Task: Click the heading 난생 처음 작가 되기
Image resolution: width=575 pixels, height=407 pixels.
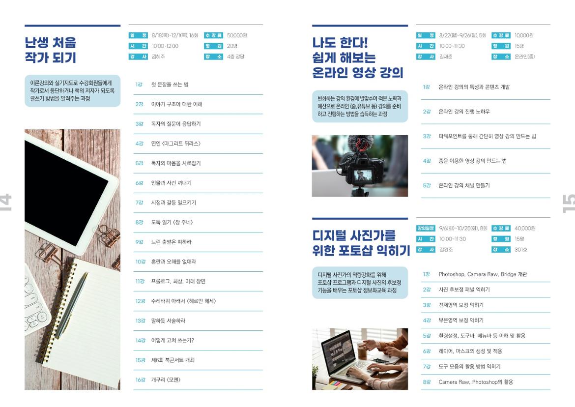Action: pyautogui.click(x=51, y=51)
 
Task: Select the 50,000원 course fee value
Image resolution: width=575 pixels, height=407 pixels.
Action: pyautogui.click(x=237, y=35)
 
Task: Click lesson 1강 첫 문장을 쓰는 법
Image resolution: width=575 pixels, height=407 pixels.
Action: pyautogui.click(x=170, y=85)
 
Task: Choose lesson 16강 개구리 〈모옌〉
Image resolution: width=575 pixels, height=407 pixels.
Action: pyautogui.click(x=166, y=380)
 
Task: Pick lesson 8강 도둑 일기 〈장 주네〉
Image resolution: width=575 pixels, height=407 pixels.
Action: pyautogui.click(x=172, y=222)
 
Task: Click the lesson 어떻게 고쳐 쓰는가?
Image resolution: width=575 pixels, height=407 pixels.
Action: pyautogui.click(x=176, y=340)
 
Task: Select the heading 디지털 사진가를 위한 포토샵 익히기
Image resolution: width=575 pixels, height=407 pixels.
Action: pyautogui.click(x=361, y=243)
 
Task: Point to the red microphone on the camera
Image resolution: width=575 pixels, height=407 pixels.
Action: pyautogui.click(x=361, y=145)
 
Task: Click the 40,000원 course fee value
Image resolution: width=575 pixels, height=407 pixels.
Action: pyautogui.click(x=525, y=228)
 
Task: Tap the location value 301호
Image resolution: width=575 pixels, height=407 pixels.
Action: pyautogui.click(x=521, y=250)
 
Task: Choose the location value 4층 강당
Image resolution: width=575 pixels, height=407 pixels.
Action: pyautogui.click(x=235, y=57)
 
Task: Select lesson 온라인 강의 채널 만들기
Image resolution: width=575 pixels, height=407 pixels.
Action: pyautogui.click(x=464, y=185)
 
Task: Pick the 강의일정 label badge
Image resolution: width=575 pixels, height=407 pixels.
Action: pyautogui.click(x=426, y=228)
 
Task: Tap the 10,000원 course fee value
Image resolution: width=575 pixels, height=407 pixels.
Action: pyautogui.click(x=524, y=35)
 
